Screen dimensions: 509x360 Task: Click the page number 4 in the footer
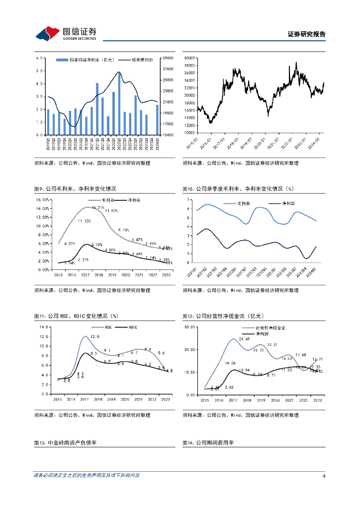pos(324,476)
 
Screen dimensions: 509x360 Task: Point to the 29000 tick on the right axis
pos(168,58)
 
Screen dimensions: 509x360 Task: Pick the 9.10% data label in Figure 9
pos(123,230)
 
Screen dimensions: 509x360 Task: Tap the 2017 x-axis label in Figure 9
pos(85,275)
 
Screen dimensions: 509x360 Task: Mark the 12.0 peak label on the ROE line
pos(95,337)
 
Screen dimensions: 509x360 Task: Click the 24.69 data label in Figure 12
pos(245,339)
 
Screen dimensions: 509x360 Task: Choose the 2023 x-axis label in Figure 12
pos(318,400)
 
